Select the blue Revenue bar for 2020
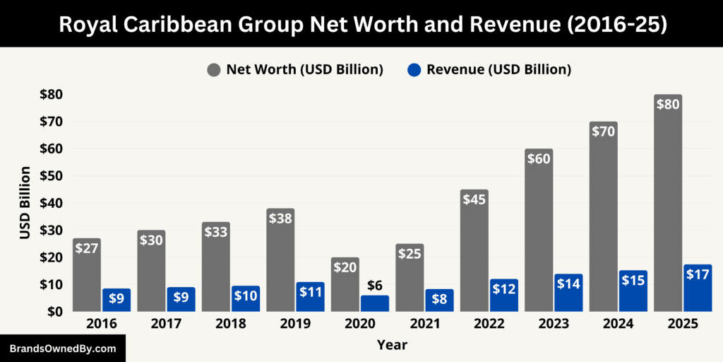coord(374,303)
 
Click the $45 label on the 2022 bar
coord(474,199)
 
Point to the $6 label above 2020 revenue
coord(374,285)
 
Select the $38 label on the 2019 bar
coord(280,218)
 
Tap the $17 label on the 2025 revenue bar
coord(698,274)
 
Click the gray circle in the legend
coord(214,69)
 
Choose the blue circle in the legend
coord(414,69)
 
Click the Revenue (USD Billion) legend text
coord(498,69)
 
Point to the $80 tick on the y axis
coord(50,95)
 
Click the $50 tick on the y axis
coord(50,176)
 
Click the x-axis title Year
coord(392,345)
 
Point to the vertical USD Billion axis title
coord(25,203)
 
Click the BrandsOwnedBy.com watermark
coord(62,349)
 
